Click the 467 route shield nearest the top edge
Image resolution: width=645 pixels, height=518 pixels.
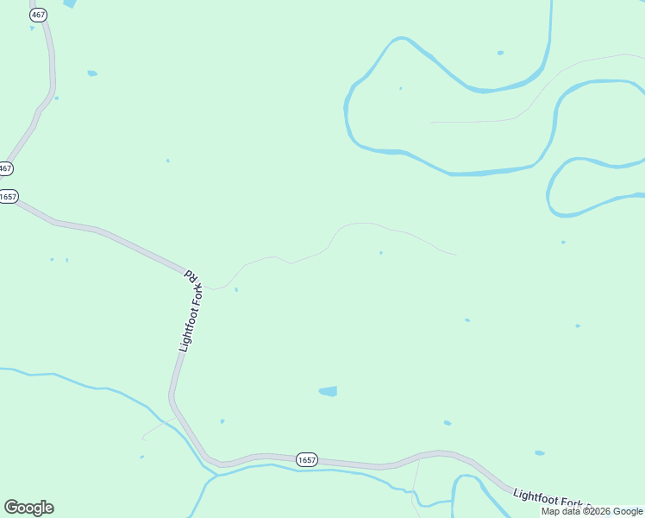38,16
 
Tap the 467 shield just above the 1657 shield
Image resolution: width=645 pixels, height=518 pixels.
6,168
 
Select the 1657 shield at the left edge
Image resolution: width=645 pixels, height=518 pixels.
8,197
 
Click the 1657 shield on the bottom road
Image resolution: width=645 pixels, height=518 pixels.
306,459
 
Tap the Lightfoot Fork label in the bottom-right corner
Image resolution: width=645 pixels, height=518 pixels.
552,500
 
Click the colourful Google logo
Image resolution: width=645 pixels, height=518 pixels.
28,508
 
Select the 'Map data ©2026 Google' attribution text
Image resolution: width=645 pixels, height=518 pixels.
592,512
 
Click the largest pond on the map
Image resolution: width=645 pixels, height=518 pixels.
328,391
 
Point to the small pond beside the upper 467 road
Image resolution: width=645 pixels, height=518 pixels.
92,73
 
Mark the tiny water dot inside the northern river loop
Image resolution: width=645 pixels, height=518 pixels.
400,88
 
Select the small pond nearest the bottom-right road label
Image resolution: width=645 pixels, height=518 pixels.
539,453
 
